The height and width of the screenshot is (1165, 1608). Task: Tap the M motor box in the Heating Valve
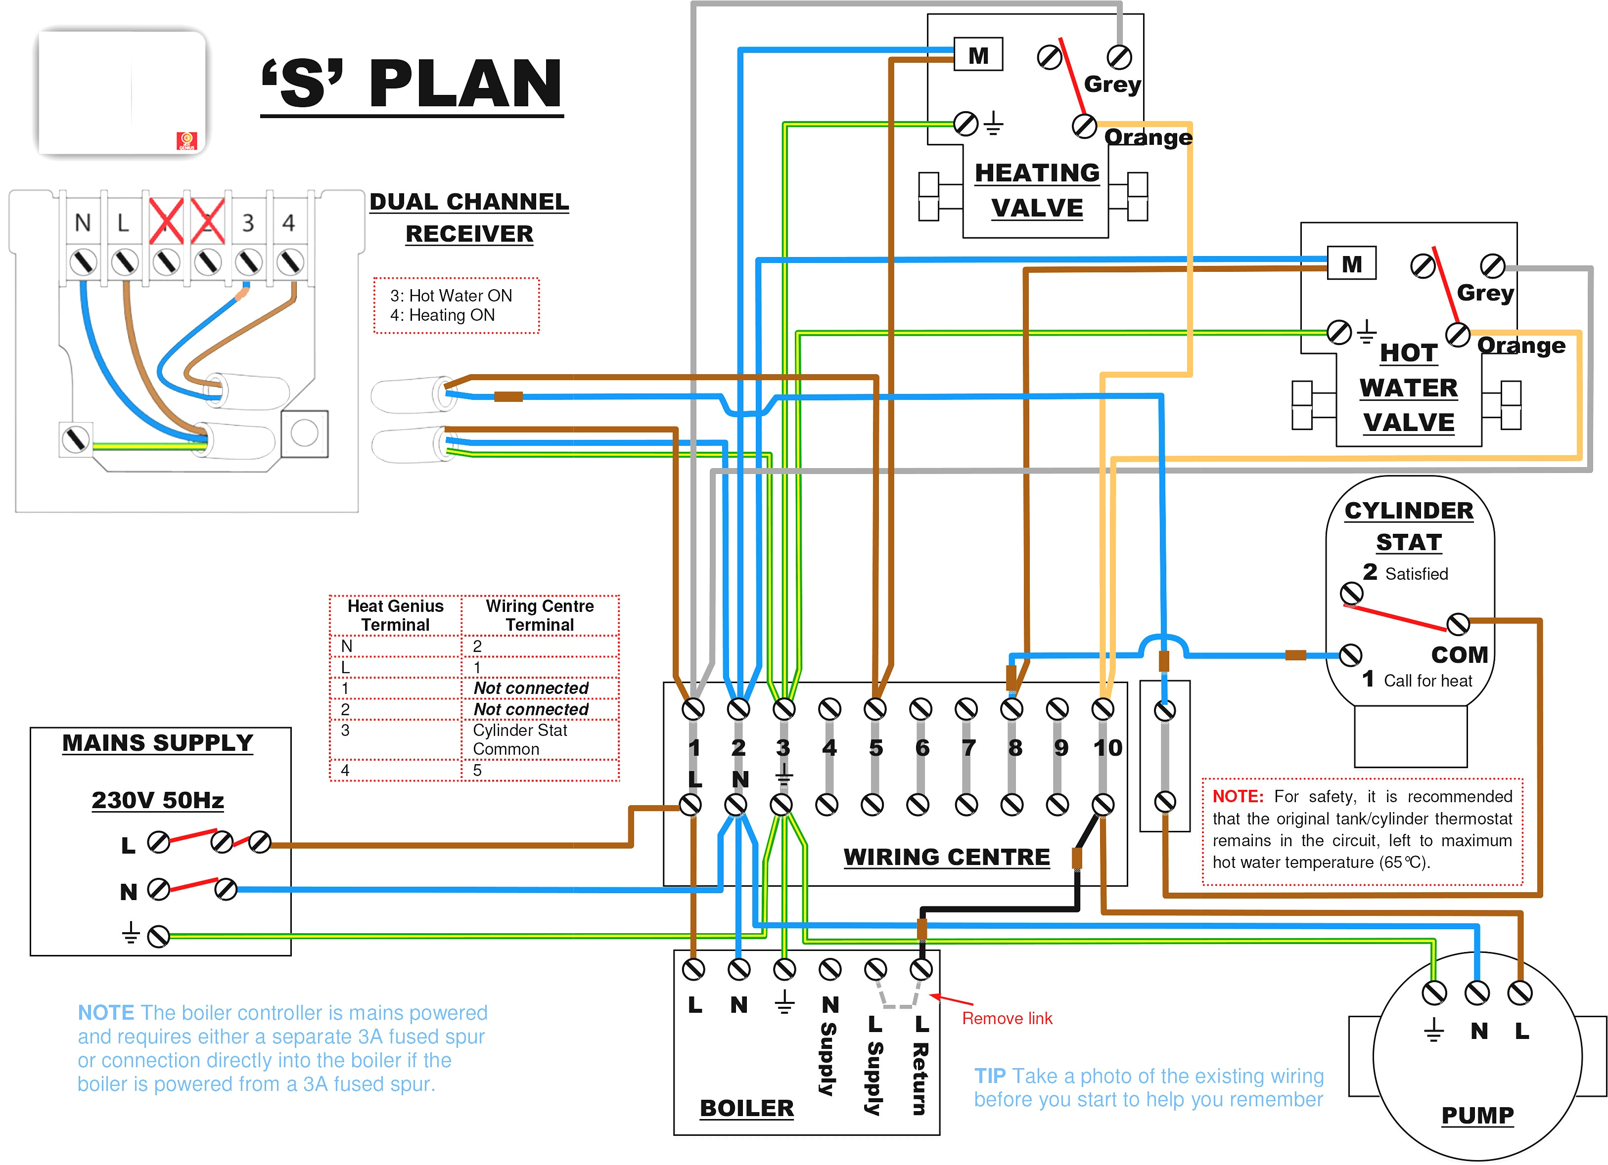[978, 54]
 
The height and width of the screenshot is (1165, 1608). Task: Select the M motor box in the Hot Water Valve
[1351, 263]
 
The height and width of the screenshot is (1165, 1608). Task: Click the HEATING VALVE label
[1037, 190]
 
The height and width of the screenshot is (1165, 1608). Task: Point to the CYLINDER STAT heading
[1409, 525]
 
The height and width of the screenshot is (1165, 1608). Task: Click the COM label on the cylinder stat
[1459, 654]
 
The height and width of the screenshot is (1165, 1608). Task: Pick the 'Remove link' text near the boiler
[1007, 1018]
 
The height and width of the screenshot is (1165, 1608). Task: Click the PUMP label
[1477, 1115]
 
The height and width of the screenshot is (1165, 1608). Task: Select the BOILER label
[746, 1108]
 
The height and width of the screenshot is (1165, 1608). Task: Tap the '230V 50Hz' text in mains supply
[157, 800]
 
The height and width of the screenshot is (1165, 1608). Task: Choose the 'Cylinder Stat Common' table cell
[520, 739]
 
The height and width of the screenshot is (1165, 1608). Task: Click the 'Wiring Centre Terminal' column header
[540, 615]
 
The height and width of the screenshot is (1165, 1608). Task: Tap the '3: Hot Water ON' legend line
[451, 296]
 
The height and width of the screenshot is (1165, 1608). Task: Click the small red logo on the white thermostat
[186, 141]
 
